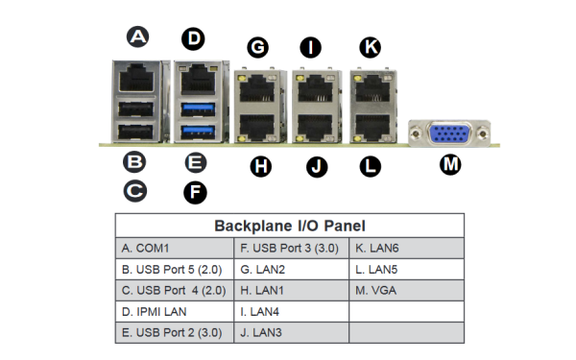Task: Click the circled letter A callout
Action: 138,37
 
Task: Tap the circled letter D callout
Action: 194,38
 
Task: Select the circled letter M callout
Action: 449,164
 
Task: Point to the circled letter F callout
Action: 194,191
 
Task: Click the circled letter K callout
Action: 369,46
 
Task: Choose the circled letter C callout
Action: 135,190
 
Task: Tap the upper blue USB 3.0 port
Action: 196,105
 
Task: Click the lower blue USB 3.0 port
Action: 196,127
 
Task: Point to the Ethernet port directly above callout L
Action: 370,125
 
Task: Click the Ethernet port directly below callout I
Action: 314,90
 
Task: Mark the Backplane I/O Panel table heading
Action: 289,226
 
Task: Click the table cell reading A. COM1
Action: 174,248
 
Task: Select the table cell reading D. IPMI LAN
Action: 174,311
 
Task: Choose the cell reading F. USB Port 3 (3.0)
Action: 291,248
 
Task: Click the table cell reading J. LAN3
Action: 291,332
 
